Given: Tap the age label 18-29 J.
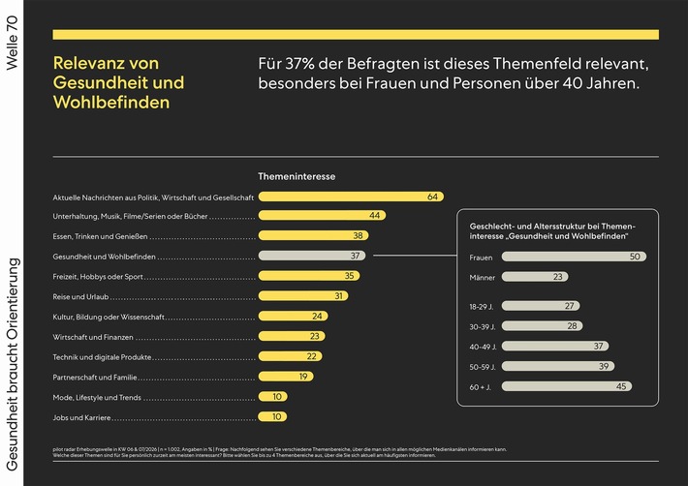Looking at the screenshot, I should (483, 306).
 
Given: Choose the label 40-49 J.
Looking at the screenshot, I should (483, 347).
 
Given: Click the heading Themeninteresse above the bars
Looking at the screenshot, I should (296, 176).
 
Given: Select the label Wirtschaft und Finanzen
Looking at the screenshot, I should (91, 337).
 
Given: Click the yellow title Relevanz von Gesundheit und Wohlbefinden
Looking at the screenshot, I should (118, 83).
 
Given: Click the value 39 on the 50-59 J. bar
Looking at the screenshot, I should (604, 367).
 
